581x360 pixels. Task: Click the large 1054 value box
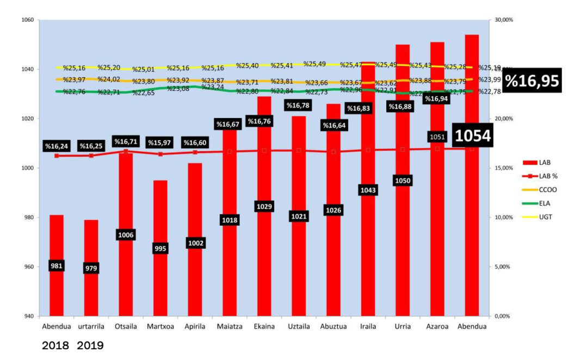click(473, 136)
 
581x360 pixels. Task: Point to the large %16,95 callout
click(531, 81)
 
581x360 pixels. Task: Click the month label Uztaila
click(299, 326)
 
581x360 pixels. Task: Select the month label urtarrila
click(91, 326)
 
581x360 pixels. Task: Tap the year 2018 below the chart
click(55, 346)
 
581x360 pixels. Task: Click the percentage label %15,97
click(160, 143)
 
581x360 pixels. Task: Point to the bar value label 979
click(91, 268)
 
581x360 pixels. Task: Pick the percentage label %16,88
click(403, 107)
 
